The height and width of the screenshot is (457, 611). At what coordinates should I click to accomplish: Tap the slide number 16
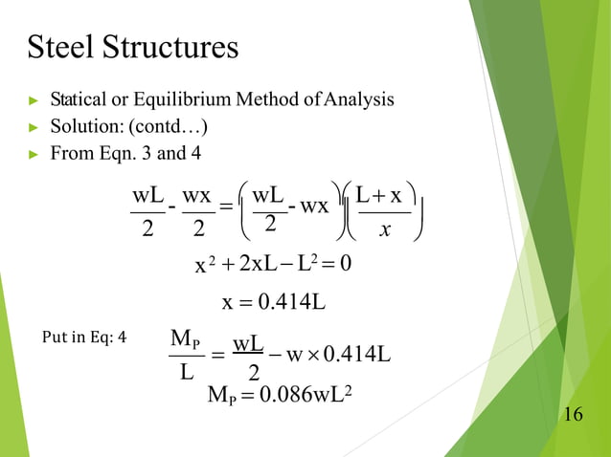pyautogui.click(x=574, y=414)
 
